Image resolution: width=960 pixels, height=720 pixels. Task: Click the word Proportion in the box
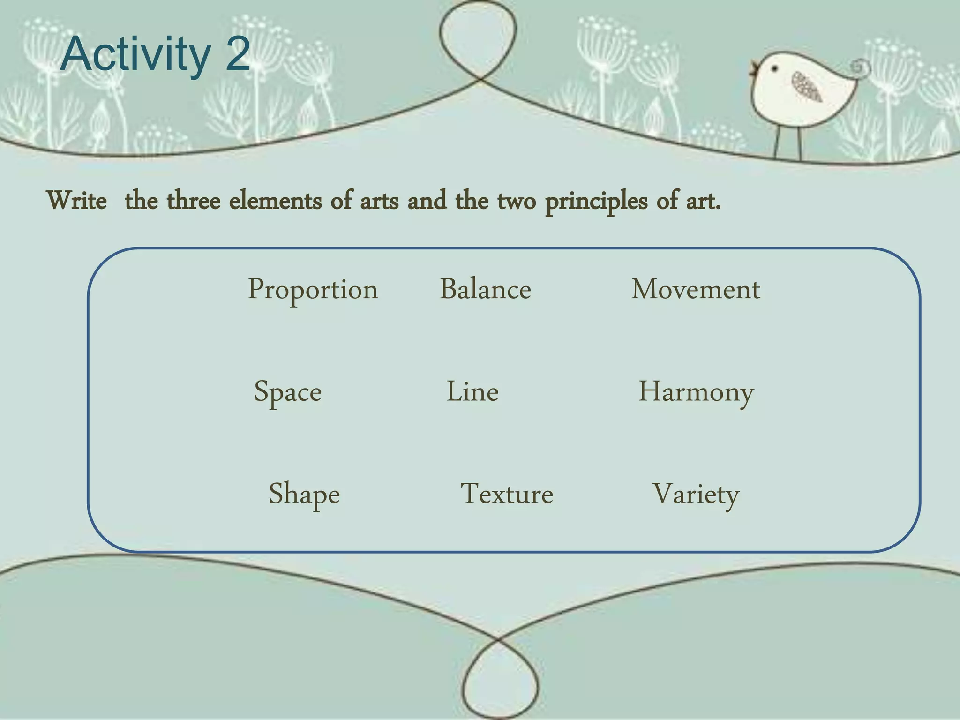(x=313, y=290)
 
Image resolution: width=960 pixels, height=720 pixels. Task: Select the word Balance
(x=485, y=289)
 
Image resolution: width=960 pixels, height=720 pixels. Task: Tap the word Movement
(x=696, y=289)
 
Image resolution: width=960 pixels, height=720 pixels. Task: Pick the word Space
(x=288, y=392)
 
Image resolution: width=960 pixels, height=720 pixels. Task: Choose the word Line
(x=472, y=391)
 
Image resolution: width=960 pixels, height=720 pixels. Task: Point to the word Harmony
(x=697, y=392)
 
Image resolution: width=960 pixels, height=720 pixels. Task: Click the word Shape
(x=304, y=494)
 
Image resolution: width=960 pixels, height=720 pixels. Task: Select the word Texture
(x=507, y=494)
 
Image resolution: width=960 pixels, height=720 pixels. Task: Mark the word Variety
(x=696, y=494)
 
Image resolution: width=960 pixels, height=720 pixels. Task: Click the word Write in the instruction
(x=77, y=201)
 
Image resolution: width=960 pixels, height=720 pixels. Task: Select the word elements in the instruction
(x=275, y=201)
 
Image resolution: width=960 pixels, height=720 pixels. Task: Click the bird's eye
(x=775, y=69)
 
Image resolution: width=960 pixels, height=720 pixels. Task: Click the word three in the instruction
(x=194, y=201)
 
